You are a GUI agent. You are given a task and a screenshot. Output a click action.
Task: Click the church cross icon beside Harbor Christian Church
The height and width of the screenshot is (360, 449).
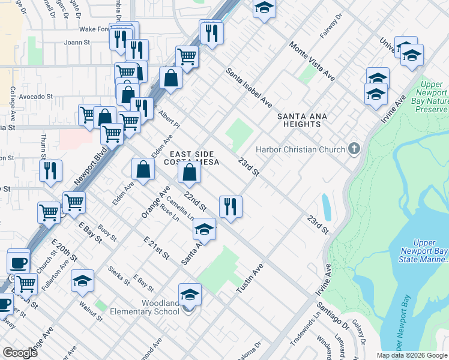(354, 149)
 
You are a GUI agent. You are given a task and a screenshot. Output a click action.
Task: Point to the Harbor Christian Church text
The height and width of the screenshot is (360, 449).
(301, 149)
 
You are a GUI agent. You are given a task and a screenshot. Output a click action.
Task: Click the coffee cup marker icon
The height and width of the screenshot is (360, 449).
(18, 262)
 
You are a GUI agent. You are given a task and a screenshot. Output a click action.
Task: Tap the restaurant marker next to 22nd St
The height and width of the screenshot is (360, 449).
(231, 208)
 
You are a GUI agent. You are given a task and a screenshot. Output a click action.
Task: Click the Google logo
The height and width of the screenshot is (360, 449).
(20, 353)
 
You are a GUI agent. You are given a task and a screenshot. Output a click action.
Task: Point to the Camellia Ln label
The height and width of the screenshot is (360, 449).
(179, 207)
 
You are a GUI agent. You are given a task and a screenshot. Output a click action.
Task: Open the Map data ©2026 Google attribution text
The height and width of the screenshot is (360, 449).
(411, 355)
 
